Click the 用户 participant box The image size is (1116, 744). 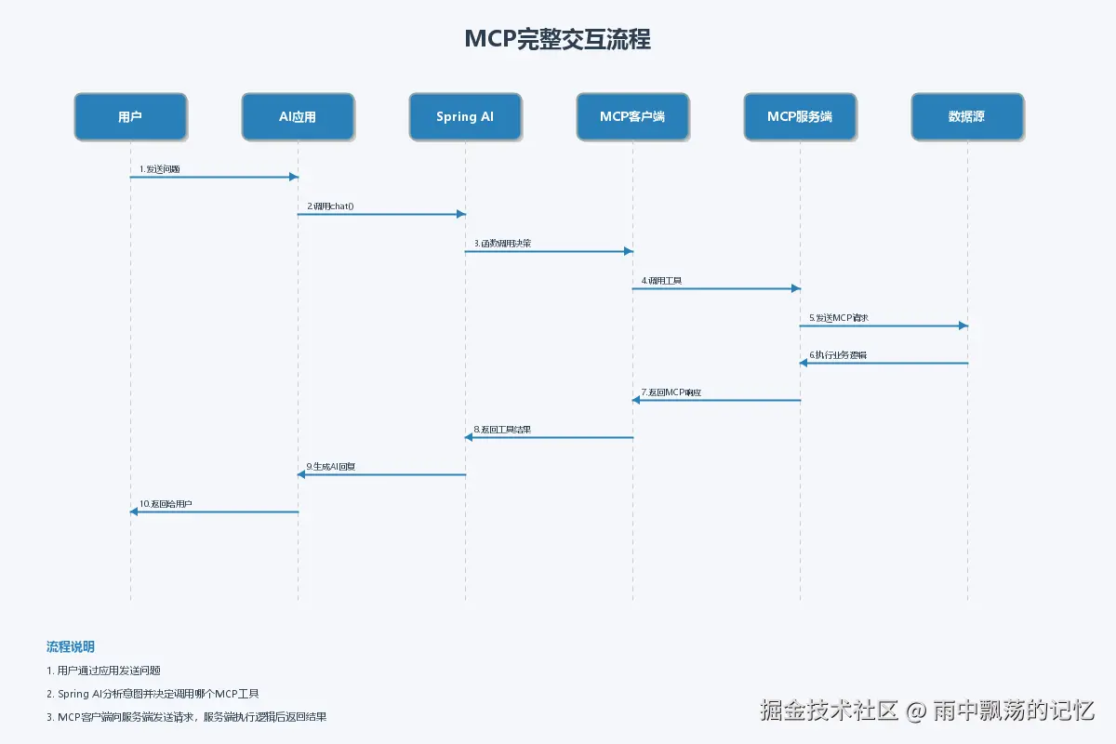point(130,116)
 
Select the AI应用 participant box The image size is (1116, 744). point(298,116)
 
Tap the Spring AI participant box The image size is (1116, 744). point(465,116)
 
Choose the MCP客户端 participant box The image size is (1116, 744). point(632,116)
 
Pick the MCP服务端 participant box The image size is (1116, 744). point(800,116)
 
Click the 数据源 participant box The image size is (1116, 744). point(967,116)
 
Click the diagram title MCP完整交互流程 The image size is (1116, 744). point(557,39)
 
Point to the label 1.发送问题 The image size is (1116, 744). point(160,169)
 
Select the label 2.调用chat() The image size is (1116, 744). point(331,206)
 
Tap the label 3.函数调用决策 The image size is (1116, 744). point(502,244)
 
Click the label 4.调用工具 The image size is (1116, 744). point(661,281)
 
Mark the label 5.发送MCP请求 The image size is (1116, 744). point(839,318)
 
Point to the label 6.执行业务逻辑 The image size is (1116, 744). point(838,355)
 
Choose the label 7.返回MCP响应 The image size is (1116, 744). point(671,392)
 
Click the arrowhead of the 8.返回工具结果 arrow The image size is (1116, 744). point(469,437)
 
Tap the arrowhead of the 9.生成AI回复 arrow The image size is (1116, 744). point(301,474)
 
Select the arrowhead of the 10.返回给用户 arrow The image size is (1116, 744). point(134,511)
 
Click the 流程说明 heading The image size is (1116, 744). point(71,646)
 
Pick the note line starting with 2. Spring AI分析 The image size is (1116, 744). point(153,694)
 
